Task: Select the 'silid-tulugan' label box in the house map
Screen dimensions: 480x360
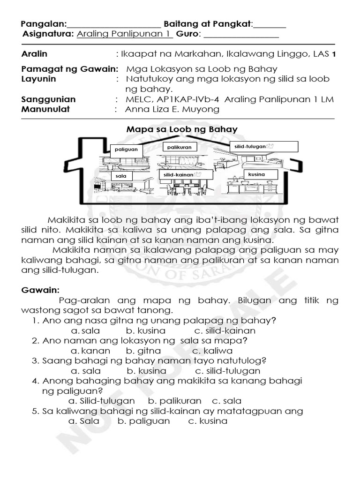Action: pos(263,147)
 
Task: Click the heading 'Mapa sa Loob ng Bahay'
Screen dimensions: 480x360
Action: pos(182,129)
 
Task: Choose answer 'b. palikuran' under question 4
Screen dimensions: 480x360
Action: pos(174,401)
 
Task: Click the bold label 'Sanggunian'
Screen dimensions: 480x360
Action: pos(49,99)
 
